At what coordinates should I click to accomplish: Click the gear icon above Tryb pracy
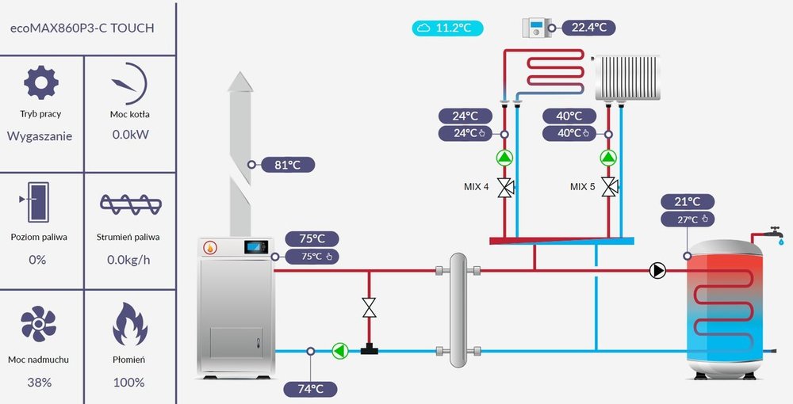pyautogui.click(x=40, y=82)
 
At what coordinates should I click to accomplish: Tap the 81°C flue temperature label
pyautogui.click(x=286, y=165)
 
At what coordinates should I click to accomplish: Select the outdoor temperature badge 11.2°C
pyautogui.click(x=448, y=28)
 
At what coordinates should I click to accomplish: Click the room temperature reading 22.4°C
pyautogui.click(x=589, y=28)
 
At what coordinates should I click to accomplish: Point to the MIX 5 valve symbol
pyautogui.click(x=609, y=188)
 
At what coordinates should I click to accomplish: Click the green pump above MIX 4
pyautogui.click(x=505, y=157)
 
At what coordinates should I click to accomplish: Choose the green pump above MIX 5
pyautogui.click(x=609, y=157)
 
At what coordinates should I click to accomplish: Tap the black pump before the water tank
pyautogui.click(x=657, y=271)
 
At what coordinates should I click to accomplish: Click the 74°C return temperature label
pyautogui.click(x=310, y=389)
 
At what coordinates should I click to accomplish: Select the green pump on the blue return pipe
pyautogui.click(x=340, y=350)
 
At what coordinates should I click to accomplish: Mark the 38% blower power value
pyautogui.click(x=40, y=383)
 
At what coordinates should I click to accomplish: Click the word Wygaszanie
pyautogui.click(x=40, y=135)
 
